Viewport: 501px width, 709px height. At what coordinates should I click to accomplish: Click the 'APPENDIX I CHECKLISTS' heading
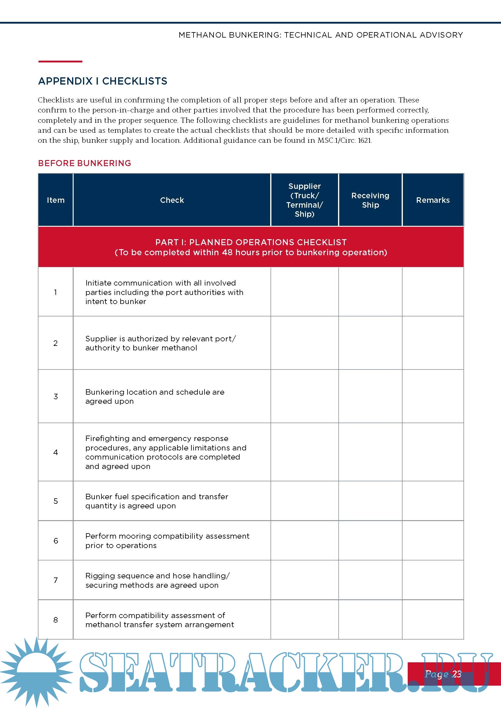tap(102, 81)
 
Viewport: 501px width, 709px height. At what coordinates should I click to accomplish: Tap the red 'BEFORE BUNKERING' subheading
tap(85, 163)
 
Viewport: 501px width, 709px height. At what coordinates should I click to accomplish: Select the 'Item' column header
tap(55, 200)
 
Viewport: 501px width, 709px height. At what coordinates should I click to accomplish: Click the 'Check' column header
tap(172, 200)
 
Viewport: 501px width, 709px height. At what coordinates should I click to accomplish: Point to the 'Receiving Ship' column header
tap(370, 200)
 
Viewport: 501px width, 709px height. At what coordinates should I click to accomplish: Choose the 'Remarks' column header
tap(433, 200)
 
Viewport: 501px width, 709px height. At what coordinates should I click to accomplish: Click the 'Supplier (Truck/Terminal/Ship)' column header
tap(304, 200)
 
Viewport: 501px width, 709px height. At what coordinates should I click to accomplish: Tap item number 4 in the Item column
tap(55, 452)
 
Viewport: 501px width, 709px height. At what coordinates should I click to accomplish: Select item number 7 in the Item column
tap(55, 580)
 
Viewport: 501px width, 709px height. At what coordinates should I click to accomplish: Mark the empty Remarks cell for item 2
tap(433, 343)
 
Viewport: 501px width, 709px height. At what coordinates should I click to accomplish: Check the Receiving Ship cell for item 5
tap(370, 501)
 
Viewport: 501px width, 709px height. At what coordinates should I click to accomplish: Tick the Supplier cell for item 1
tap(304, 292)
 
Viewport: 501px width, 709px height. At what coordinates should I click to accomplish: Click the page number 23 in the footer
tap(456, 674)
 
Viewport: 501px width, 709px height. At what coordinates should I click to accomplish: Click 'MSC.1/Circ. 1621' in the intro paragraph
tap(344, 141)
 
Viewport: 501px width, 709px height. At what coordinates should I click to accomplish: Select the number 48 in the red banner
tap(227, 252)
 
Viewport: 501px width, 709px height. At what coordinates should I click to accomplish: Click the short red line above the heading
tap(60, 62)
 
